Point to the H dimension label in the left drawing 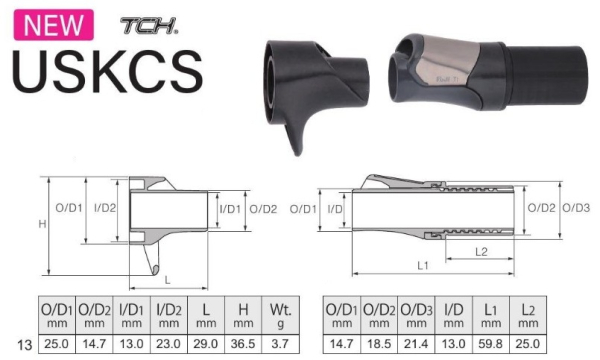pos(42,224)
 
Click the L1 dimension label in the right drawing pos(422,266)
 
